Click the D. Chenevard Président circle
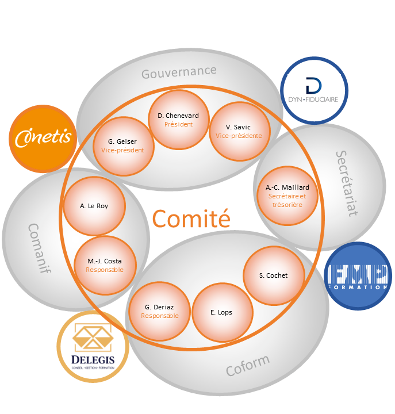tap(178, 120)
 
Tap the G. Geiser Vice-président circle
tap(122, 146)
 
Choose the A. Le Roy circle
tap(94, 206)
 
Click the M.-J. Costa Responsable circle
tap(105, 265)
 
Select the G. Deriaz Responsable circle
tap(159, 311)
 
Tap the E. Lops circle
tap(221, 312)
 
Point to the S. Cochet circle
tap(273, 275)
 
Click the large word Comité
tap(191, 218)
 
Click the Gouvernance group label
tap(179, 72)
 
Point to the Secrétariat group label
tap(346, 183)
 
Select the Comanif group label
tap(39, 248)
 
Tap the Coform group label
tap(247, 365)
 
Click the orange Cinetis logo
tap(44, 138)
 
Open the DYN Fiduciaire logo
tap(314, 91)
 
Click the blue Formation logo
tap(358, 275)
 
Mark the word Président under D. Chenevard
tap(178, 124)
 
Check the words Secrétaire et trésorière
tap(287, 200)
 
